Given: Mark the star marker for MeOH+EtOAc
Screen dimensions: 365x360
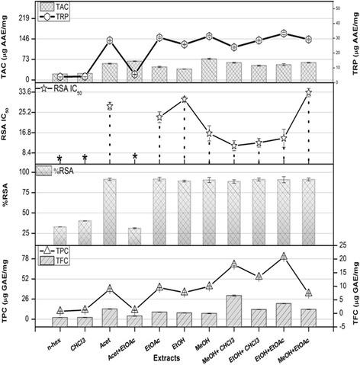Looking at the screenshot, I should (308, 92).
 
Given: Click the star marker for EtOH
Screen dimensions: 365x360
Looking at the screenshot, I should (184, 100).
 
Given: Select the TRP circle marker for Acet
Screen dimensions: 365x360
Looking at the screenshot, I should (110, 40).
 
